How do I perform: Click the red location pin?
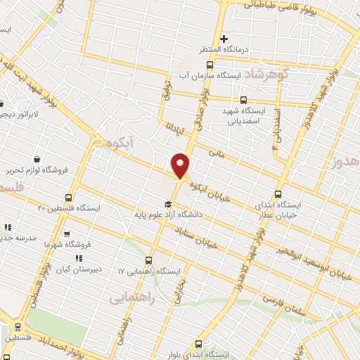(x=181, y=166)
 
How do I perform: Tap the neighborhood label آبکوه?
(x=108, y=144)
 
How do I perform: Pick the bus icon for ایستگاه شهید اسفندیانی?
(x=244, y=100)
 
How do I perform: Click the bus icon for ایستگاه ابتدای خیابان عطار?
(x=278, y=194)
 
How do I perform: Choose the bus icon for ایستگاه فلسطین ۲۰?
(x=67, y=198)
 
